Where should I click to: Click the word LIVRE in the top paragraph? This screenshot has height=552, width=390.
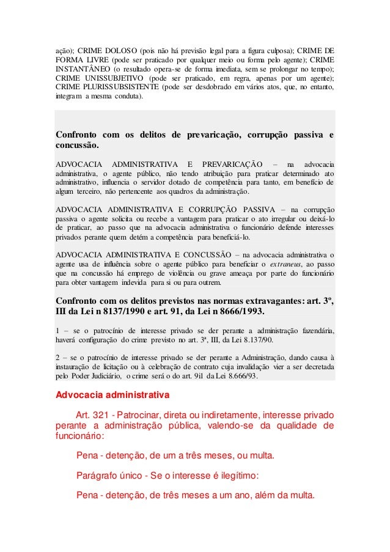[x=105, y=60]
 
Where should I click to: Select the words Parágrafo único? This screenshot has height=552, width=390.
[x=111, y=473]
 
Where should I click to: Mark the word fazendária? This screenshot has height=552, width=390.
[x=312, y=331]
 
